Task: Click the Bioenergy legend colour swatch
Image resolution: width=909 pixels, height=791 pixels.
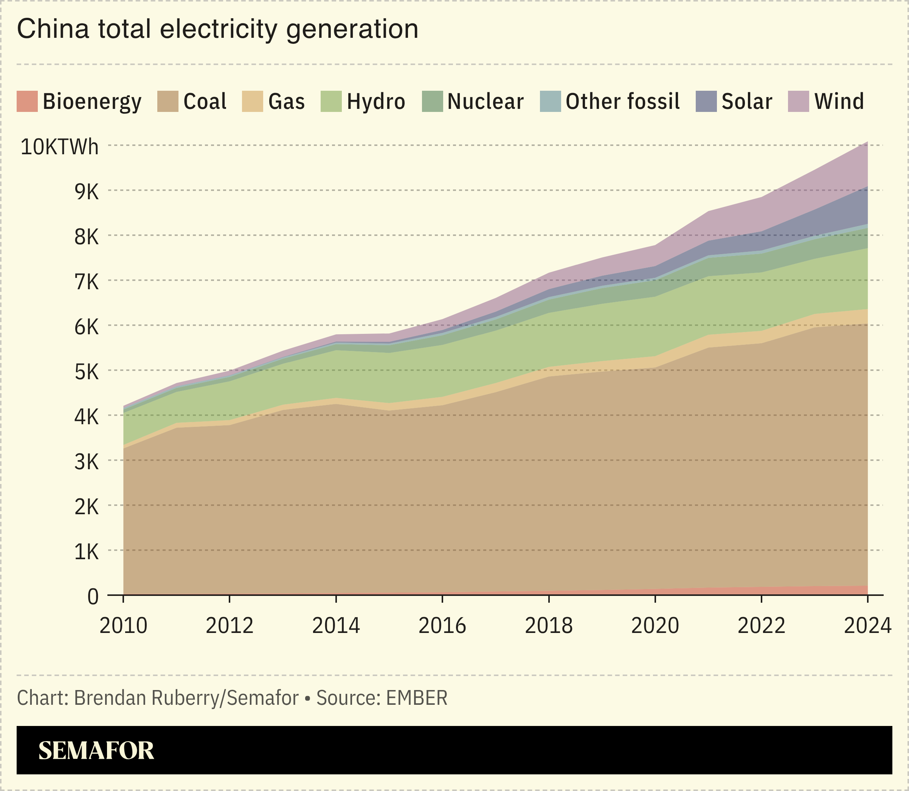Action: (x=27, y=101)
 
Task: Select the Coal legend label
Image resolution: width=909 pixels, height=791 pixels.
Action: (x=205, y=101)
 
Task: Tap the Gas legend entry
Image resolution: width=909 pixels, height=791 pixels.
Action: (x=286, y=101)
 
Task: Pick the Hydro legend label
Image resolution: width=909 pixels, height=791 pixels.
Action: (x=376, y=101)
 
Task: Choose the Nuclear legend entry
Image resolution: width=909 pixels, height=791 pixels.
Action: (x=485, y=101)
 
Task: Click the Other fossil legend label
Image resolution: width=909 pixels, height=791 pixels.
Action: (x=622, y=101)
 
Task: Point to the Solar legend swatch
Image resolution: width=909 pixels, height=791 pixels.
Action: (x=706, y=101)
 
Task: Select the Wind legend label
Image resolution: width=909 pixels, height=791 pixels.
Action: (x=839, y=101)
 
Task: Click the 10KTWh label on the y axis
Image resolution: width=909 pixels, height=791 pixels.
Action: (x=60, y=147)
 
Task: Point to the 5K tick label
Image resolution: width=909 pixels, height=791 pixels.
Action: (x=87, y=372)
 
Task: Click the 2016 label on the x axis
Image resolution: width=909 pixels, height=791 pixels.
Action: (x=442, y=625)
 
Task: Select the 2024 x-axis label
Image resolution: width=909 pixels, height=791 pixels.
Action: (x=867, y=625)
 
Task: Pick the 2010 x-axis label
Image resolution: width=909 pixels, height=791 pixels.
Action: (x=123, y=625)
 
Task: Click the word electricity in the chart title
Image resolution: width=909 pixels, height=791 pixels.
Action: (x=219, y=29)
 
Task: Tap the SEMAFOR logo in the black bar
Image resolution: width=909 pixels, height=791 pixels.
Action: (x=96, y=751)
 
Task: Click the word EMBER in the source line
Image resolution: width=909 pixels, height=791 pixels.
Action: (x=416, y=698)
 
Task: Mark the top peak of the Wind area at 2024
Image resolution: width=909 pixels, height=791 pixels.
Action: (x=867, y=142)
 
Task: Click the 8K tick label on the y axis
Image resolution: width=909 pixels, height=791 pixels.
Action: (x=87, y=237)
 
